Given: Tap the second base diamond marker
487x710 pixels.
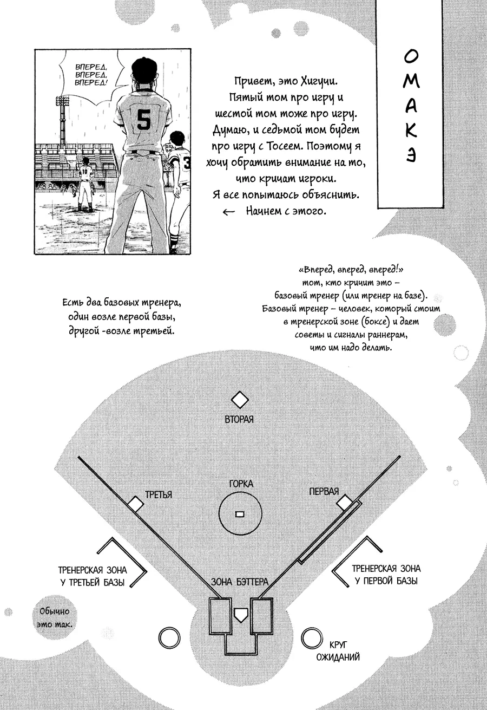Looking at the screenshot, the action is coord(240,400).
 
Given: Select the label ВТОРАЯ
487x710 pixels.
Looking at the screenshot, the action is coord(239,419).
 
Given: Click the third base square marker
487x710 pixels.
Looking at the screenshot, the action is coord(135,504).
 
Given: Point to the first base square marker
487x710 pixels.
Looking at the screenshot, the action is coord(344,503).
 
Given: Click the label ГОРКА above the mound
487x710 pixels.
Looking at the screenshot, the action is coord(241,484).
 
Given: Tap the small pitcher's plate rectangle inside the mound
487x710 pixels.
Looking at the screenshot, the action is coord(240,514).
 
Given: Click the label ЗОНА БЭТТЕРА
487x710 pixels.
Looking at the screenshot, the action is coord(240,582).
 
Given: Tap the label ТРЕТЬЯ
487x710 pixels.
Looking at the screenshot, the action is coord(159,494).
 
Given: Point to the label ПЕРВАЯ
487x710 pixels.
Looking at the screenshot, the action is coord(324,491).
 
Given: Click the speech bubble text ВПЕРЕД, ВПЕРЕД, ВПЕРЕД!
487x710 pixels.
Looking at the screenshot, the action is coord(91,75).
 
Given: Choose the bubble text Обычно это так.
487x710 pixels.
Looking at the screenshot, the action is coord(54,617).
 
